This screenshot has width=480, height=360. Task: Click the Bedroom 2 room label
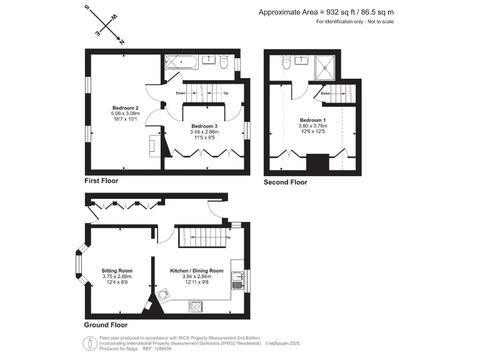pyautogui.click(x=125, y=107)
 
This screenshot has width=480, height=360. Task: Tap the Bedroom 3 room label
pyautogui.click(x=204, y=126)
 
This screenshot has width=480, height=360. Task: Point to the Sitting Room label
pyautogui.click(x=117, y=271)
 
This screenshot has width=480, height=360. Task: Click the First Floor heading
pyautogui.click(x=101, y=181)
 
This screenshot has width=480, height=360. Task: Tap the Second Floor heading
pyautogui.click(x=286, y=182)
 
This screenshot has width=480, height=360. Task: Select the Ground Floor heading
pyautogui.click(x=106, y=325)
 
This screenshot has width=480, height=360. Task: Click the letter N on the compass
pyautogui.click(x=121, y=42)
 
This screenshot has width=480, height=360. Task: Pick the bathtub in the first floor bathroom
pyautogui.click(x=181, y=62)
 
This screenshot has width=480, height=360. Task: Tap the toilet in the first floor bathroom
pyautogui.click(x=224, y=61)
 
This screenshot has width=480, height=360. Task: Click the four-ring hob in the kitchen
pyautogui.click(x=195, y=306)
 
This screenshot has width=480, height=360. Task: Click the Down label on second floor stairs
pyautogui.click(x=326, y=94)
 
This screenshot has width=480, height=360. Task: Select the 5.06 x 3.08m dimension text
pyautogui.click(x=125, y=113)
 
